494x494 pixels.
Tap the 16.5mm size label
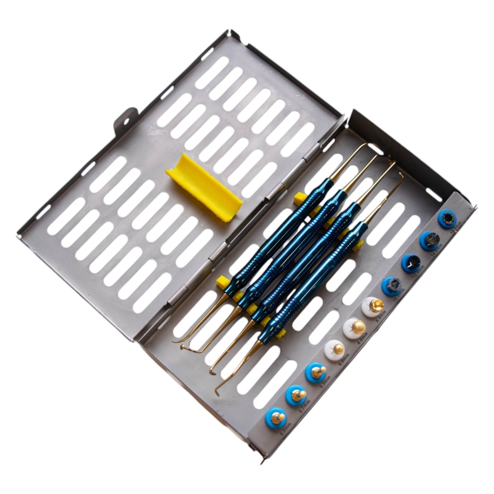pos(456,227)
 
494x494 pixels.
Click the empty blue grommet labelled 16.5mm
pos(447,219)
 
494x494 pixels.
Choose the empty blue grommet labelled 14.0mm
pos(429,241)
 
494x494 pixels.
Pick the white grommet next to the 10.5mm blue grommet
pos(373,306)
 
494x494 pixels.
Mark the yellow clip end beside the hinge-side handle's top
pos(300,197)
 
